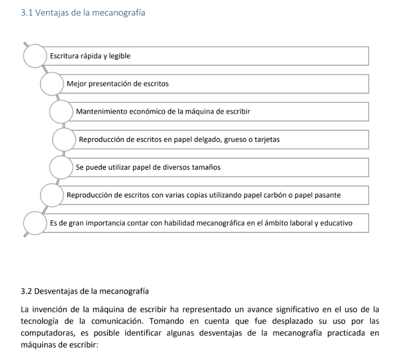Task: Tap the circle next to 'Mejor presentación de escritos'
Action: tap(52, 84)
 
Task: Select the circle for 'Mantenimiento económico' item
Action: tap(61, 112)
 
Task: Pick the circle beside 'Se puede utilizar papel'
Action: tap(61, 167)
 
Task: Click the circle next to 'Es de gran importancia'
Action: tap(35, 223)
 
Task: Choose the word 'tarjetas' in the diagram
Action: tap(267, 140)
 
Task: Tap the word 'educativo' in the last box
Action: tap(338, 223)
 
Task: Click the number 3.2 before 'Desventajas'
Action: tap(26, 291)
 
